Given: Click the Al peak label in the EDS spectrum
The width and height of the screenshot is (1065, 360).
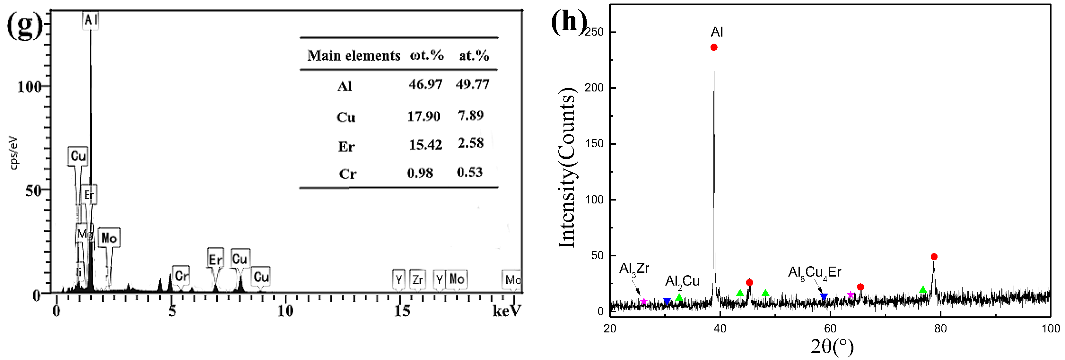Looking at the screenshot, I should [91, 20].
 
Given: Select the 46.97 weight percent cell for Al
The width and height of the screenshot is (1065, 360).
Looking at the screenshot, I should [425, 84].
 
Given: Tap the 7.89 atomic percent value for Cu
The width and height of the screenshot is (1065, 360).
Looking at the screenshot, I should [470, 115].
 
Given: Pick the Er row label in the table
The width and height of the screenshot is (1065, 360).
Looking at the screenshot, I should [346, 147].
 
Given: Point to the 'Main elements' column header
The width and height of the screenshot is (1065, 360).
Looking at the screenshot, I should [354, 56].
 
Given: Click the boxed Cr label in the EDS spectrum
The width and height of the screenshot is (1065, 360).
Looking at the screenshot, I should [181, 276].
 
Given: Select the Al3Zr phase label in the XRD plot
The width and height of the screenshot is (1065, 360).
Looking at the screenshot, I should [634, 269].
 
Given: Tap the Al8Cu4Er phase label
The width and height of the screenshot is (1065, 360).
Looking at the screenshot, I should [815, 272].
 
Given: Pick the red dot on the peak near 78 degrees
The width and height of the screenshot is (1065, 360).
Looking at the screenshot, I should [934, 257].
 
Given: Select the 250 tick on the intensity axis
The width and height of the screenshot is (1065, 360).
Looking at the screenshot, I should [594, 32].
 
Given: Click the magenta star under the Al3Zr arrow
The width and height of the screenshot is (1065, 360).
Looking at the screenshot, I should [644, 301].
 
